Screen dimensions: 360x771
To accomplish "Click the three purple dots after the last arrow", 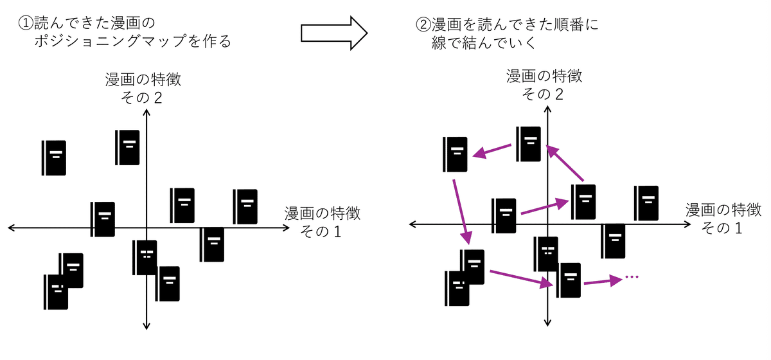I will click(x=632, y=277).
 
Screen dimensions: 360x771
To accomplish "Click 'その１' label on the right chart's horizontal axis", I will click(x=723, y=228).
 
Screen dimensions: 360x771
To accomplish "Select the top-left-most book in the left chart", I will click(x=54, y=157).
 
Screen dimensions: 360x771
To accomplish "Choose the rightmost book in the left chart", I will click(x=245, y=206).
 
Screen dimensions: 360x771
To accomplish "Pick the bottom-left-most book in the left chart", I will click(x=56, y=292).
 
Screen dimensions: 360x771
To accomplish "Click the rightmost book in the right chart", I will click(x=646, y=203).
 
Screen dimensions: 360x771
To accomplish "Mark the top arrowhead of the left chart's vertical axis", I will click(x=147, y=114).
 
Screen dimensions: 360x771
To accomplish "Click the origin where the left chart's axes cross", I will click(x=147, y=228).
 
